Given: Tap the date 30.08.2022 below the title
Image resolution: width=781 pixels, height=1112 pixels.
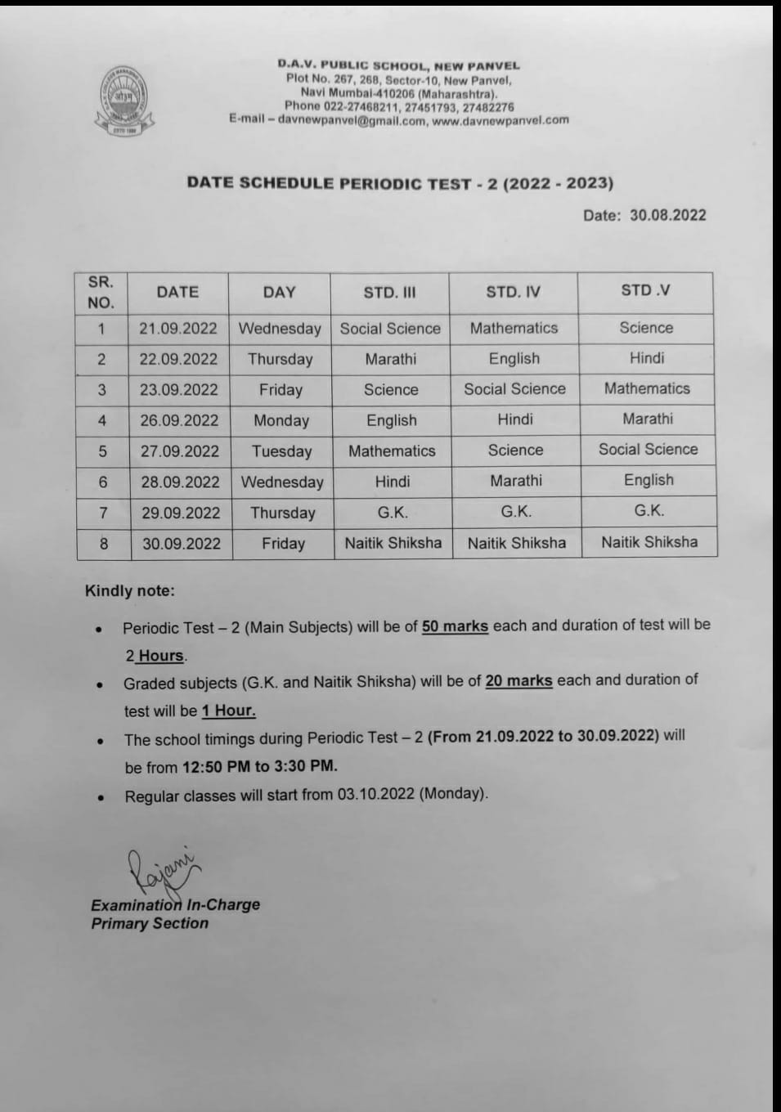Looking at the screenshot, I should pyautogui.click(x=667, y=215).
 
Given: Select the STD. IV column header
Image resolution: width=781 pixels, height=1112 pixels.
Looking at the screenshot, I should pyautogui.click(x=513, y=292).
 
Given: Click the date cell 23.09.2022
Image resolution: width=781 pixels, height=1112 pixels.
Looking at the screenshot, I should pyautogui.click(x=178, y=390).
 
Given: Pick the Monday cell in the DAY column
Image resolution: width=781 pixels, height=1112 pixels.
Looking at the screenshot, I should pyautogui.click(x=281, y=420).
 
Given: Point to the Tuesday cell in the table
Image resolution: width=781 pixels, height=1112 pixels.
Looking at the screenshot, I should pyautogui.click(x=281, y=451).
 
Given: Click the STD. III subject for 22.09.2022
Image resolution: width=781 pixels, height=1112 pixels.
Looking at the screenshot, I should pyautogui.click(x=390, y=359).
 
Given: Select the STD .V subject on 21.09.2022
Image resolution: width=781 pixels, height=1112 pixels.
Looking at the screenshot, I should pyautogui.click(x=646, y=328).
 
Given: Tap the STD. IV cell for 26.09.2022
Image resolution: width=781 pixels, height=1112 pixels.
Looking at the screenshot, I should pyautogui.click(x=514, y=419).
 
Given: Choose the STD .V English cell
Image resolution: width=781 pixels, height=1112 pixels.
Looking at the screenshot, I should pyautogui.click(x=649, y=480).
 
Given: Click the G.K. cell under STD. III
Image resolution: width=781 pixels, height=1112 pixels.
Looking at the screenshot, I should pyautogui.click(x=393, y=513).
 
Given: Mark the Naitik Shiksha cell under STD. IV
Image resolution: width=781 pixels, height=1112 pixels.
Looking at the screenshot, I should pyautogui.click(x=516, y=543).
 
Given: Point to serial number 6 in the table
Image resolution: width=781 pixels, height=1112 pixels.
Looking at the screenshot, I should pyautogui.click(x=103, y=482).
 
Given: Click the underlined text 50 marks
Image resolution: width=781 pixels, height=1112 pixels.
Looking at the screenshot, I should pyautogui.click(x=455, y=626).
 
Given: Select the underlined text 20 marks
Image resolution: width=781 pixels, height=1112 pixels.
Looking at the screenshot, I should pyautogui.click(x=518, y=680).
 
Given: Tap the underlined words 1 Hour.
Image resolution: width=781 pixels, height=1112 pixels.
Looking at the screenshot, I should pyautogui.click(x=229, y=711).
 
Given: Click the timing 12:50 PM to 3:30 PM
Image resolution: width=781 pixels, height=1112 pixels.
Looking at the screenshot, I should pyautogui.click(x=259, y=766).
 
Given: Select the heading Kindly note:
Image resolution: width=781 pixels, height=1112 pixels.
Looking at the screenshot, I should pyautogui.click(x=129, y=590).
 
